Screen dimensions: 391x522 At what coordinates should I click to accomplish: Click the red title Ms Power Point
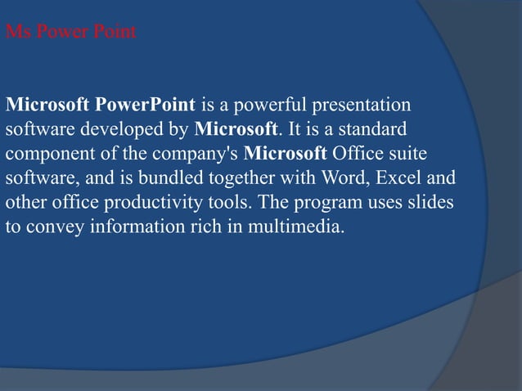[x=71, y=34]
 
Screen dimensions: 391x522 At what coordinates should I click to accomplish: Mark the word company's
[x=201, y=154]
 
